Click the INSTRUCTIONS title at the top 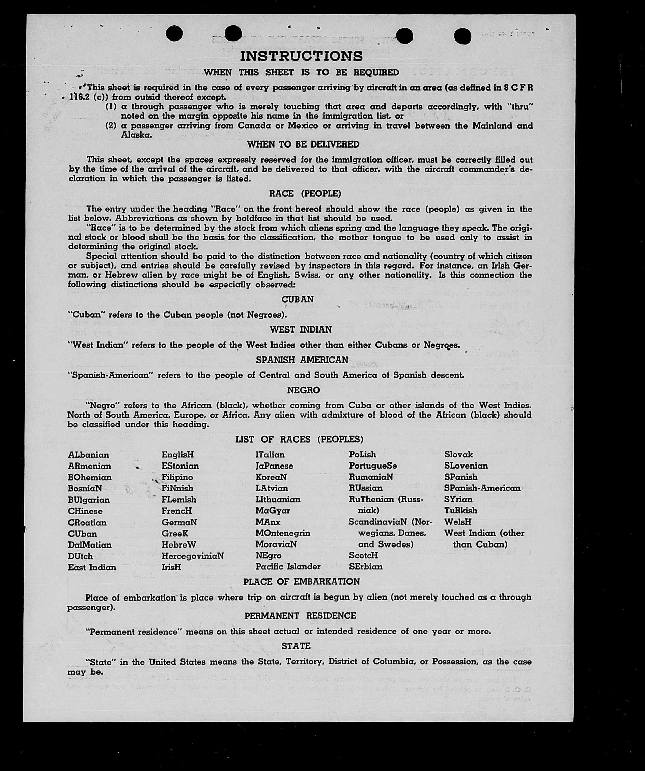301,56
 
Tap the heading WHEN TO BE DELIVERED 303,144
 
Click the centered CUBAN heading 298,299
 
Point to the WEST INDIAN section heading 301,330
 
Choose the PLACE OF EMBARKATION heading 301,582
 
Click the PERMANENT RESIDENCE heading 300,616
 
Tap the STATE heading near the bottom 296,646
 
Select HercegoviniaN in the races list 192,556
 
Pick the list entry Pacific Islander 288,567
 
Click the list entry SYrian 458,499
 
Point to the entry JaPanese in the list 275,466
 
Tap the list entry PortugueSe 373,466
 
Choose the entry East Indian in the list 92,567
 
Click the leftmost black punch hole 174,34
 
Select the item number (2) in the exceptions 111,126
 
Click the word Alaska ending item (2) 131,135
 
